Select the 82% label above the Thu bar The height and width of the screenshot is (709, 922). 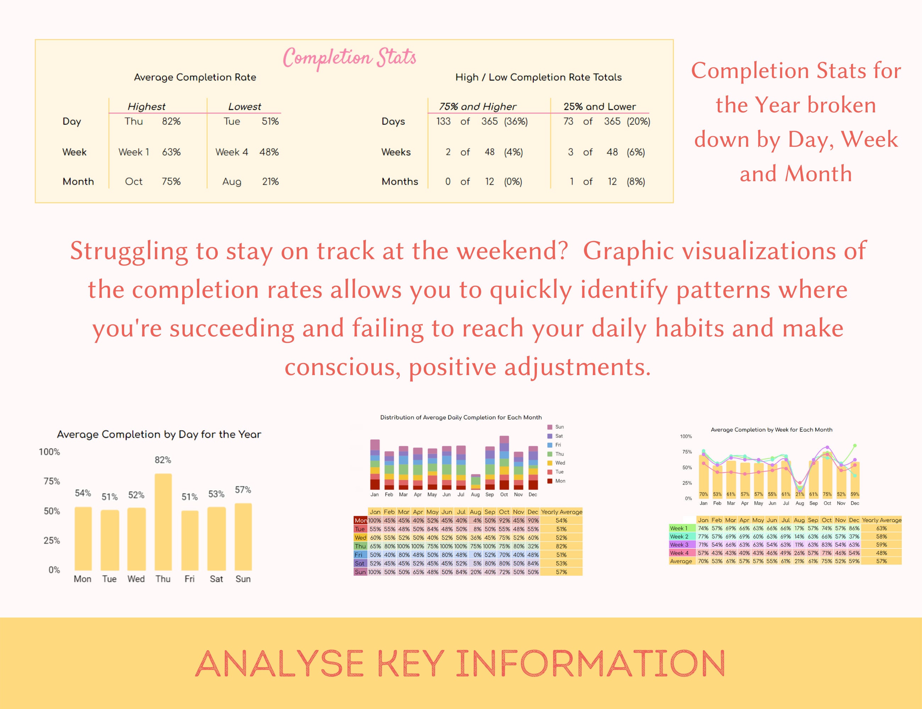click(163, 460)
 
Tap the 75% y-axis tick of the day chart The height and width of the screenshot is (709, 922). click(51, 481)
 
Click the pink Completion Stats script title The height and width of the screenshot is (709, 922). click(349, 57)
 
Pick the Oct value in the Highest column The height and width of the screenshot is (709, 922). click(134, 182)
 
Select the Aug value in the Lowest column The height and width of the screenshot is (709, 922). click(232, 182)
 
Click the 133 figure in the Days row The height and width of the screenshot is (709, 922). click(443, 122)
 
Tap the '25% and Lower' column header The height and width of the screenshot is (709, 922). click(599, 106)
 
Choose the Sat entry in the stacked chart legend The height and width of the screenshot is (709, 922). click(559, 436)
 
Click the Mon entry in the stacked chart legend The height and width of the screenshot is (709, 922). click(560, 481)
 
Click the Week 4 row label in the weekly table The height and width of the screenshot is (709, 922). click(679, 553)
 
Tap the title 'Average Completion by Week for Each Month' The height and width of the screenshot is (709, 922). click(771, 430)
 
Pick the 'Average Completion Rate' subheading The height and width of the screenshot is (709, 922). click(195, 77)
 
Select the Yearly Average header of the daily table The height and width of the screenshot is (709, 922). click(561, 512)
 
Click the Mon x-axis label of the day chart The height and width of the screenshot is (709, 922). click(83, 579)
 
